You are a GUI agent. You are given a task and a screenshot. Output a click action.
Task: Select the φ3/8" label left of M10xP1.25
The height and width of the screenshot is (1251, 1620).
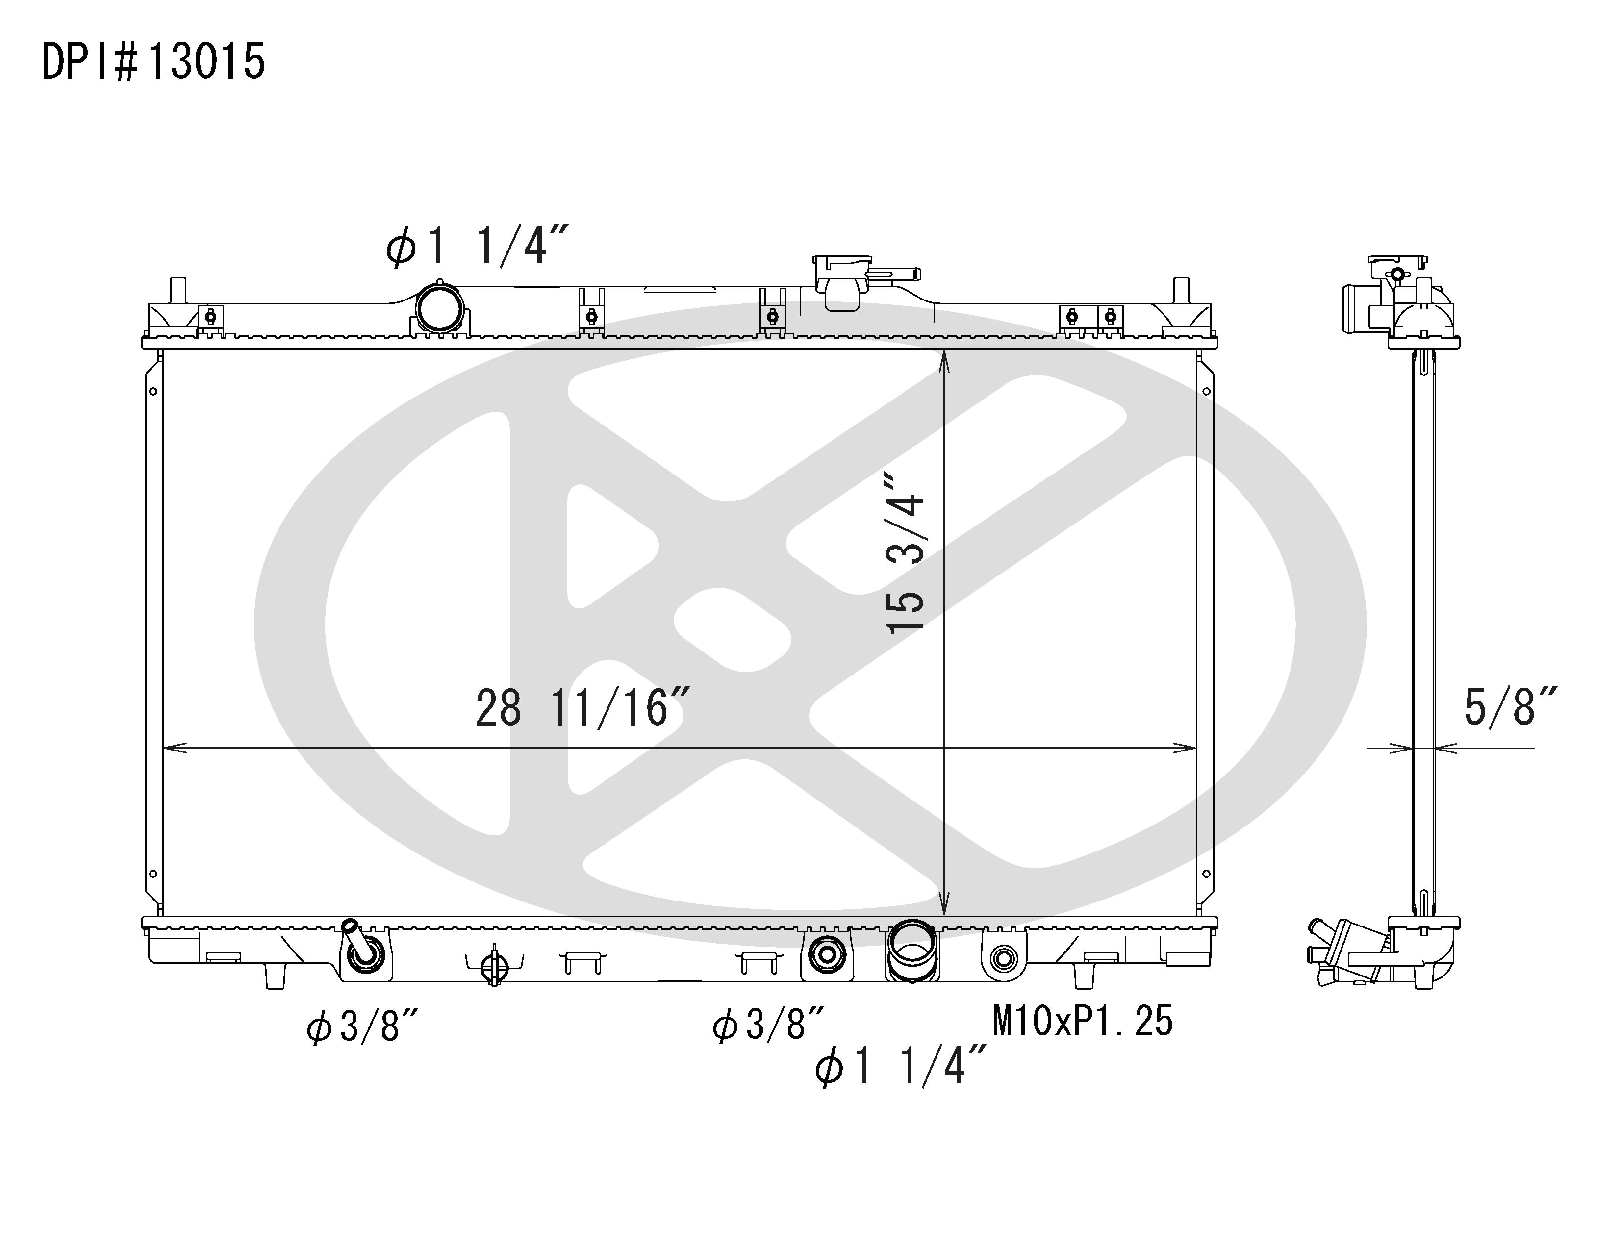[x=768, y=1024]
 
